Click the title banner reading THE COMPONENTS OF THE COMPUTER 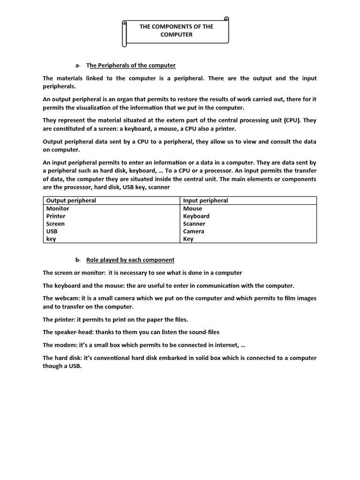pos(176,31)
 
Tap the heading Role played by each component pos(130,260)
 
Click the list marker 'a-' pos(78,65)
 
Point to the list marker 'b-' pos(78,260)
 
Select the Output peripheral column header pos(71,201)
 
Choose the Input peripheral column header pos(205,201)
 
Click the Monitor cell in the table pos(58,209)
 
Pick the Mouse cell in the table pos(193,209)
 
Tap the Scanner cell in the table pos(194,224)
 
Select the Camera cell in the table pos(194,231)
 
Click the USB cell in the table pos(52,231)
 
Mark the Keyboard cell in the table pos(196,216)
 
